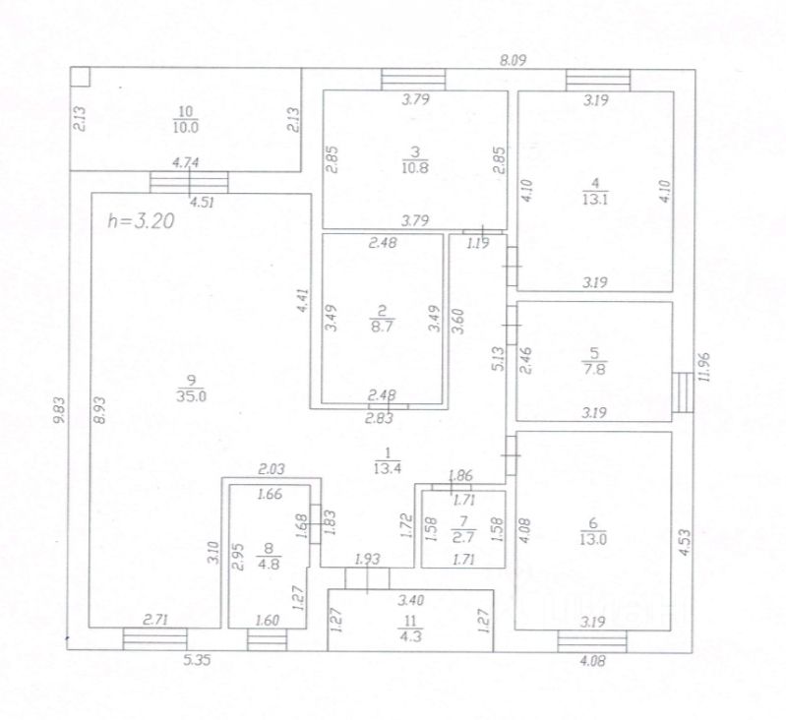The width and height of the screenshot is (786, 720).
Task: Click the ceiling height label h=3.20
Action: [x=141, y=221]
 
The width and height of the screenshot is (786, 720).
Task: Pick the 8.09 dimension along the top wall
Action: [x=514, y=59]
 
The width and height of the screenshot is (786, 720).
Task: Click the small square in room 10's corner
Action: [x=82, y=76]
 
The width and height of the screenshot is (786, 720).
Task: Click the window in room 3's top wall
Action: [x=413, y=80]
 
